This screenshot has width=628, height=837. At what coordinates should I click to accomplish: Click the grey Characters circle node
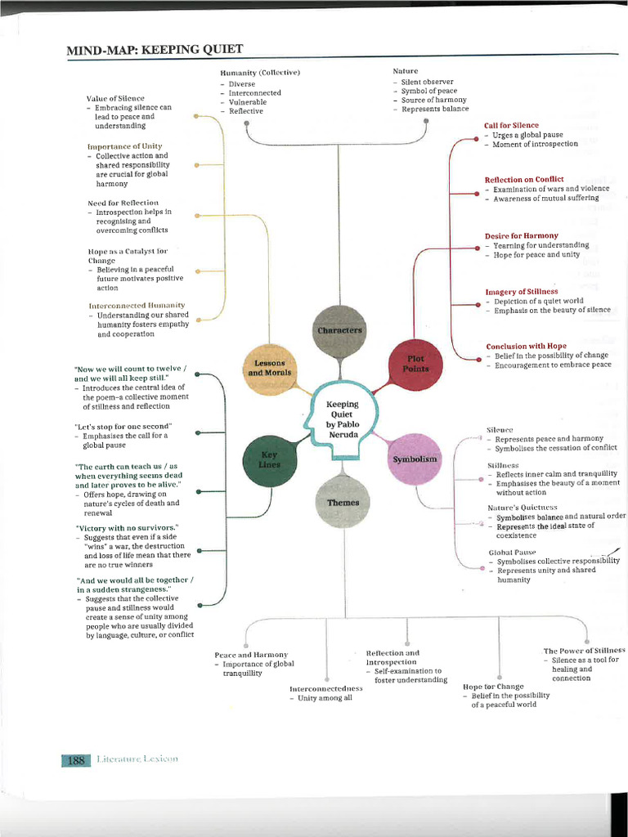click(338, 329)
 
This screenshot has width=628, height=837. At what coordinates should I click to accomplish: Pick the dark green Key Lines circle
click(270, 459)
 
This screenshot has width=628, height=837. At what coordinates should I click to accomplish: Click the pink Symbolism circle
click(415, 459)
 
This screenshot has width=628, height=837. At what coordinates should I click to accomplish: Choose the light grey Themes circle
click(343, 502)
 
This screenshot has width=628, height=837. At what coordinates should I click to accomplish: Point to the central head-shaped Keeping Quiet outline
click(342, 418)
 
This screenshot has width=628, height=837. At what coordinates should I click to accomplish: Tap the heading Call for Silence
click(511, 126)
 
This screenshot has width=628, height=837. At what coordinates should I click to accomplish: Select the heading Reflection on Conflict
click(524, 180)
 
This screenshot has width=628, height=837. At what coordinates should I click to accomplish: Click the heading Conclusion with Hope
click(526, 346)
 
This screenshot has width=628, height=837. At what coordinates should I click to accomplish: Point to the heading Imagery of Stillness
click(522, 291)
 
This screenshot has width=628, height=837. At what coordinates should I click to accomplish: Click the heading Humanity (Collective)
click(260, 73)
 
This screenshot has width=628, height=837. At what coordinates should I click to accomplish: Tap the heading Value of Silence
click(115, 98)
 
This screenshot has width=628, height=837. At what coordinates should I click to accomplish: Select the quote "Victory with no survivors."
click(127, 527)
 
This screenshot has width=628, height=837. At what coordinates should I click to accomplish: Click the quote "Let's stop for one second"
click(123, 427)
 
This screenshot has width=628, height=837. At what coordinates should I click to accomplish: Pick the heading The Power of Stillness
click(584, 650)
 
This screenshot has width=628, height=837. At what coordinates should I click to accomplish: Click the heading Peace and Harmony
click(251, 655)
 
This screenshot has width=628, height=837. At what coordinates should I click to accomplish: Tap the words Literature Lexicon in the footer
click(137, 759)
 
